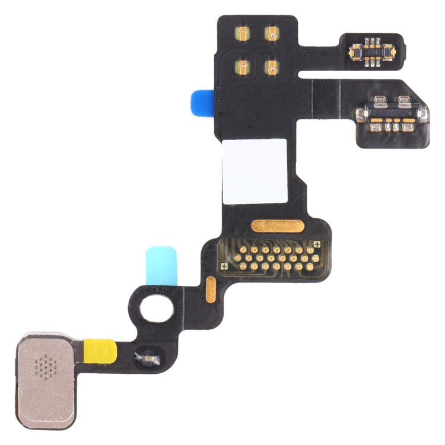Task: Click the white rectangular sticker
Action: coord(254,171)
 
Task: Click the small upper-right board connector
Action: coord(372,50)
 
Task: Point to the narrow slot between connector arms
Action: coord(350,74)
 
